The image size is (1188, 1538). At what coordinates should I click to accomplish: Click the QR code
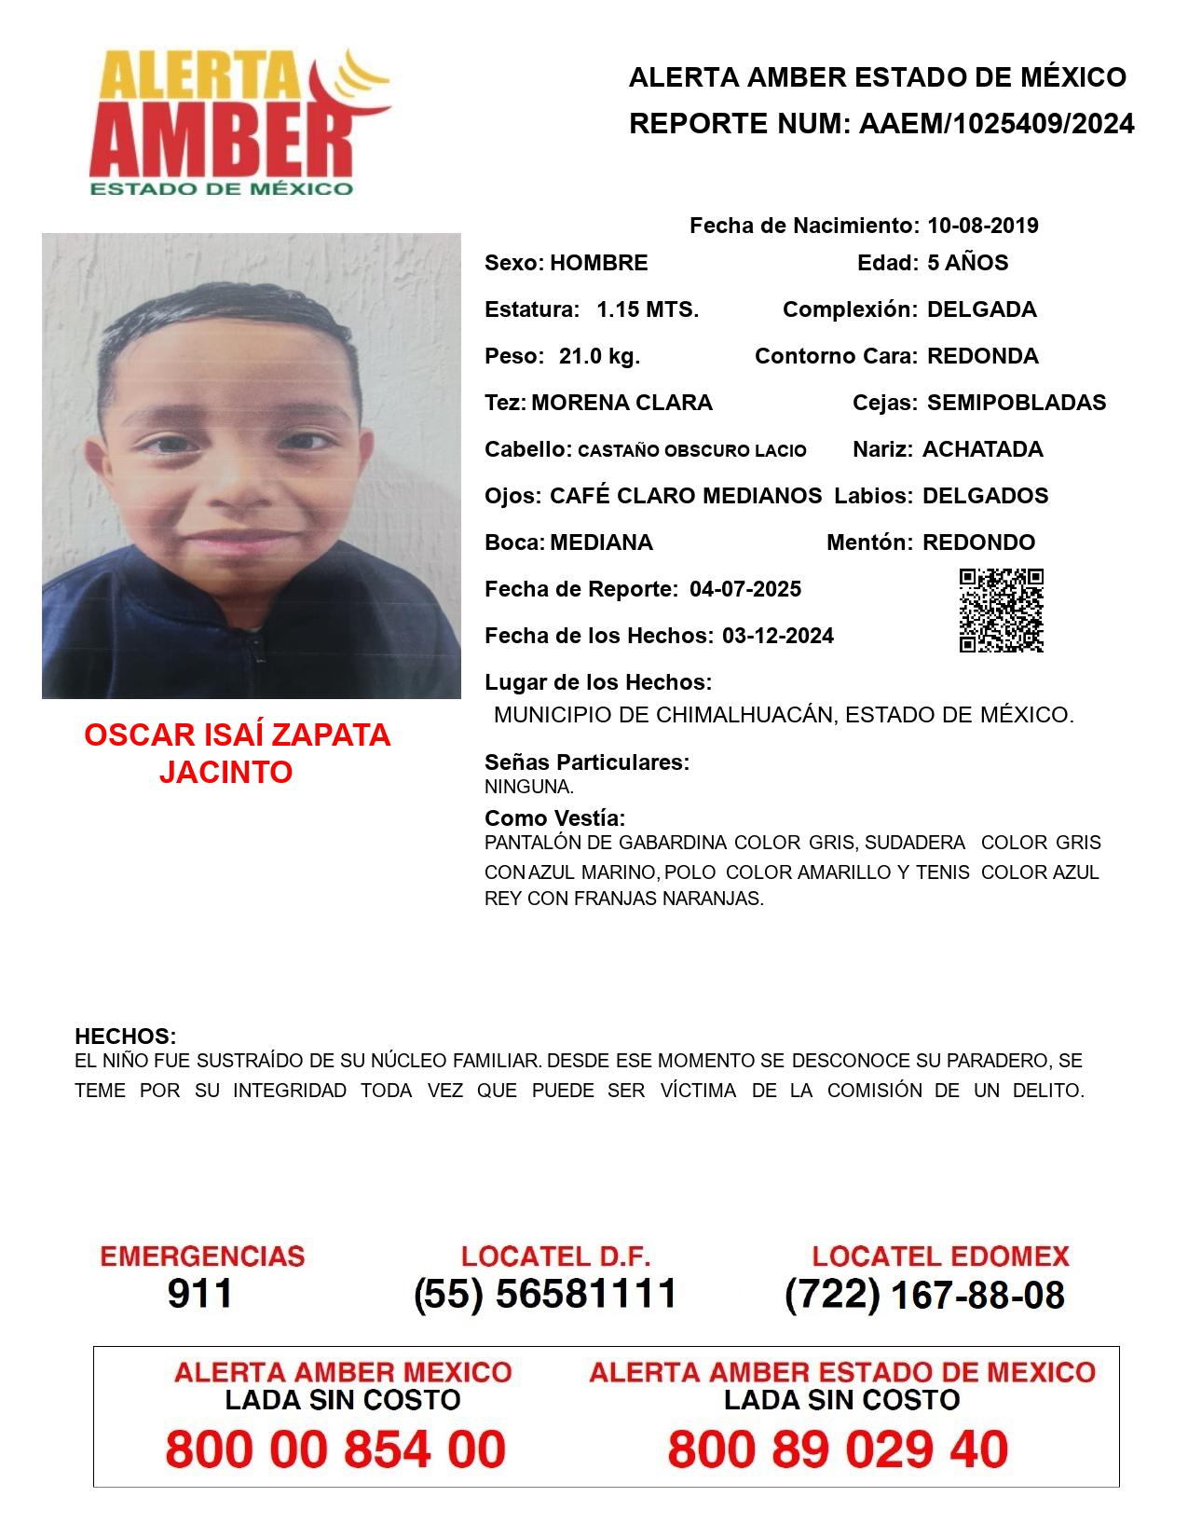pyautogui.click(x=1001, y=611)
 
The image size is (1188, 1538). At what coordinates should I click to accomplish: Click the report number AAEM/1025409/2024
pyautogui.click(x=996, y=124)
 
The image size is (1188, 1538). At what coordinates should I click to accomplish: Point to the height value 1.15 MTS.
pyautogui.click(x=648, y=309)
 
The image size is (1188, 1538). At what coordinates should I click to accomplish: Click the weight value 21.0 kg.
pyautogui.click(x=599, y=356)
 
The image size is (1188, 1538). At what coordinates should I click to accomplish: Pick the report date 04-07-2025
pyautogui.click(x=745, y=589)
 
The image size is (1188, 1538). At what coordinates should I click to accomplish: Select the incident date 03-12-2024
pyautogui.click(x=778, y=636)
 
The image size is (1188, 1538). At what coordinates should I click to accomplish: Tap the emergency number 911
pyautogui.click(x=200, y=1294)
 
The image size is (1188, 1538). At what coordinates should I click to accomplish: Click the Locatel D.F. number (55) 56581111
pyautogui.click(x=546, y=1294)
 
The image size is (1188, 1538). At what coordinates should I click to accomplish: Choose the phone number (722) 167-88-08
pyautogui.click(x=924, y=1295)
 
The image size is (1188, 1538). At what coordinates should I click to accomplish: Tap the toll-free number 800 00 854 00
pyautogui.click(x=335, y=1449)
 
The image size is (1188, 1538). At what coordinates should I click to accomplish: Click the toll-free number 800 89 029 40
pyautogui.click(x=838, y=1449)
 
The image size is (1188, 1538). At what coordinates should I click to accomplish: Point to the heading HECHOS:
pyautogui.click(x=125, y=1037)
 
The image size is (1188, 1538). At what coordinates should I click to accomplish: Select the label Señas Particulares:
pyautogui.click(x=587, y=762)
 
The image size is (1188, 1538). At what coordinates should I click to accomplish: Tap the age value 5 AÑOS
pyautogui.click(x=967, y=263)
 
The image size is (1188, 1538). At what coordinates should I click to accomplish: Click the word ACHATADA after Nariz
pyautogui.click(x=982, y=449)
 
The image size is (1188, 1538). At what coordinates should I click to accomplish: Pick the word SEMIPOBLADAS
pyautogui.click(x=1017, y=403)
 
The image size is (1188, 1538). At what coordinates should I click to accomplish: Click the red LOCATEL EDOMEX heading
pyautogui.click(x=940, y=1256)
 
